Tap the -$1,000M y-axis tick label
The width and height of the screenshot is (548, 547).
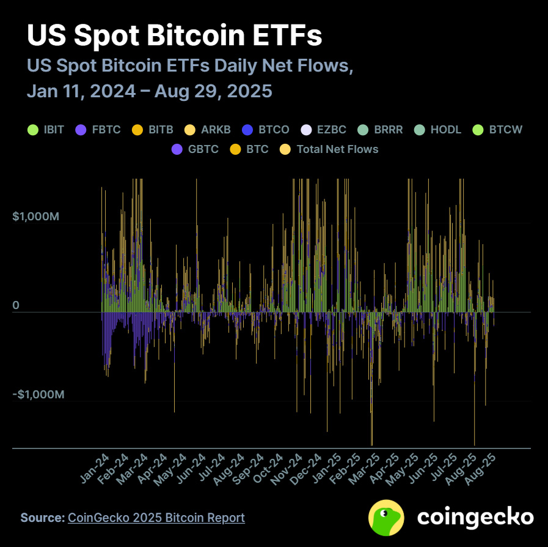tap(38, 395)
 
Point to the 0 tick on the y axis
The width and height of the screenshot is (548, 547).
tap(16, 305)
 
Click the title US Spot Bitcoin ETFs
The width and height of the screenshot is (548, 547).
tap(174, 36)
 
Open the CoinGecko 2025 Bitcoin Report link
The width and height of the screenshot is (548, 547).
tap(156, 518)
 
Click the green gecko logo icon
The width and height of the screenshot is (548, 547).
tap(386, 518)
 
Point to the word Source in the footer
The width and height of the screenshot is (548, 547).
tap(42, 518)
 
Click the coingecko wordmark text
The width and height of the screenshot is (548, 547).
tap(475, 518)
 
